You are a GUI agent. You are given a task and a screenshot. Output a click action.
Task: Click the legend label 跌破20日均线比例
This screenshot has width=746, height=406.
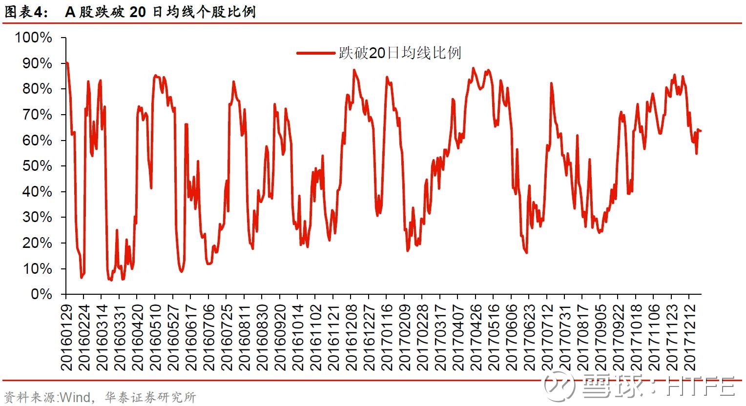pyautogui.click(x=400, y=53)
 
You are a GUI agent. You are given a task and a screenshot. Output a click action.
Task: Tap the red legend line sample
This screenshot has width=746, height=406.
pyautogui.click(x=316, y=53)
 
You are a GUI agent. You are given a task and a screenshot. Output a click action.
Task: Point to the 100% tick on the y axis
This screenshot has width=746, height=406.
pyautogui.click(x=34, y=38)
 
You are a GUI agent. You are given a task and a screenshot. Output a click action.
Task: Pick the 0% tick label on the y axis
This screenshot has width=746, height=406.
pyautogui.click(x=41, y=294)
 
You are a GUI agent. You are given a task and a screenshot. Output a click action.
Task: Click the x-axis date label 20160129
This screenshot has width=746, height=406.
pyautogui.click(x=66, y=337)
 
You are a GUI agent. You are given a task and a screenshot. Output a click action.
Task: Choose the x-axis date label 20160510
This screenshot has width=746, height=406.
pyautogui.click(x=155, y=337)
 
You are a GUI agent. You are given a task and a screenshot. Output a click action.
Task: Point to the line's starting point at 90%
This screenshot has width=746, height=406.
pyautogui.click(x=66, y=63)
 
